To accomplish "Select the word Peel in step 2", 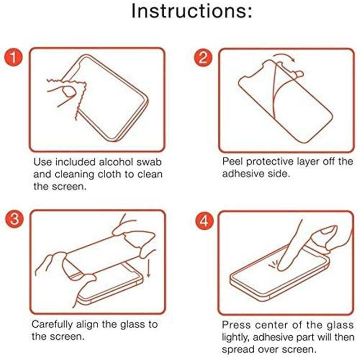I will click(x=233, y=162).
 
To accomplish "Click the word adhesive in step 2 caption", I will click(x=243, y=174).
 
